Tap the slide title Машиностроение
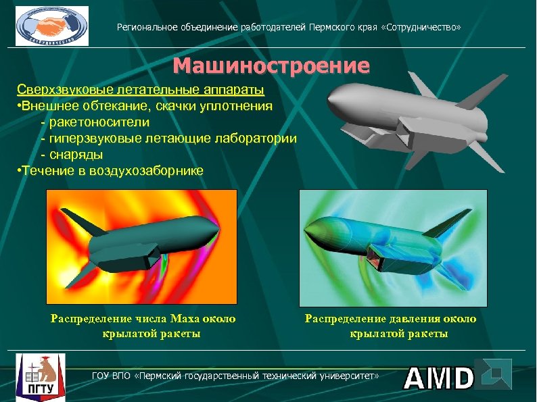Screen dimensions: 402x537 click(x=271, y=66)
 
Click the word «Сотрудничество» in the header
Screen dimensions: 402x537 click(x=422, y=28)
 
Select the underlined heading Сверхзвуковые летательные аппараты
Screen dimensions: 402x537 click(x=140, y=90)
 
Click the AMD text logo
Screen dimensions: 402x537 click(x=439, y=378)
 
